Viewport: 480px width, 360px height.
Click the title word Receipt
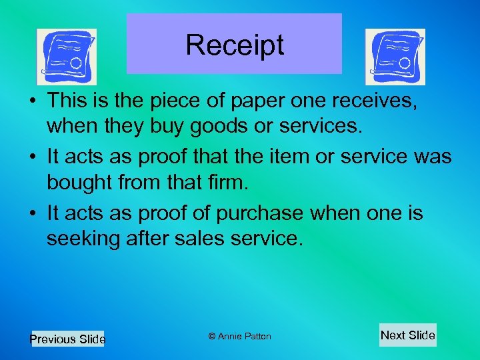(235, 45)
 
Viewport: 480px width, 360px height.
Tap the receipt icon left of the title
(66, 57)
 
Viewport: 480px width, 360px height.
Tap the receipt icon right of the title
(395, 57)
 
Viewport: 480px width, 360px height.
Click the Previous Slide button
(67, 339)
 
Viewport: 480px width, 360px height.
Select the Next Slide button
(407, 335)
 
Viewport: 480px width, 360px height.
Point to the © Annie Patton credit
(239, 336)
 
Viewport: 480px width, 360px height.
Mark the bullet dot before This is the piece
(33, 102)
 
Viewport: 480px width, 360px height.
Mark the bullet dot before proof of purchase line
(33, 213)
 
